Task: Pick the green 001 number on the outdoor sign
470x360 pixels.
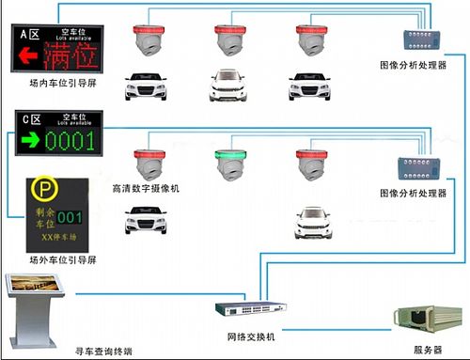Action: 71,217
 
